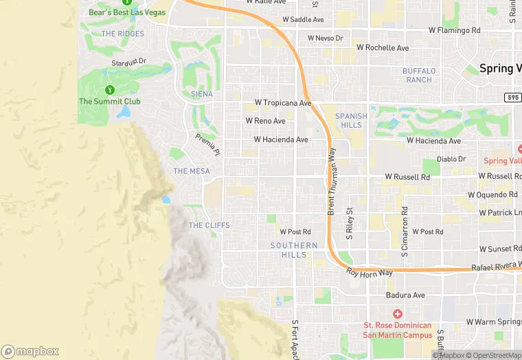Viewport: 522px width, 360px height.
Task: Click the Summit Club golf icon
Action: tap(109, 90)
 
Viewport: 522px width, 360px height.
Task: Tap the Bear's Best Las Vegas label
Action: tap(127, 12)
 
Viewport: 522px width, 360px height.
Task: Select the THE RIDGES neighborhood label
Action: tap(123, 34)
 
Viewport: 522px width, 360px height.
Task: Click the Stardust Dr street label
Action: tap(129, 62)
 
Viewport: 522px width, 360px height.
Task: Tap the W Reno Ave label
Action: tap(265, 121)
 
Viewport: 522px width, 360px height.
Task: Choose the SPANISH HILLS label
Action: tap(351, 121)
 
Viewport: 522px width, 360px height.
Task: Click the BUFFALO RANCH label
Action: tap(418, 76)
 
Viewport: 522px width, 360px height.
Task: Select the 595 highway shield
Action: tap(512, 98)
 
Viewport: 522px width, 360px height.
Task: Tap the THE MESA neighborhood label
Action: tap(192, 171)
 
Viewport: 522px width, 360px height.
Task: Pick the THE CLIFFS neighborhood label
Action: tap(209, 225)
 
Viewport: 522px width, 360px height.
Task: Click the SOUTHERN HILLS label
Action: tap(294, 250)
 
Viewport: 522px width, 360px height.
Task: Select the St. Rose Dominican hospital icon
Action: tap(397, 314)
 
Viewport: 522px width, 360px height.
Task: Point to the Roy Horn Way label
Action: tap(370, 273)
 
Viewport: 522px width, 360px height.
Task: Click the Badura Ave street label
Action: tap(405, 295)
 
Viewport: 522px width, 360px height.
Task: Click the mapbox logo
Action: tap(30, 351)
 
